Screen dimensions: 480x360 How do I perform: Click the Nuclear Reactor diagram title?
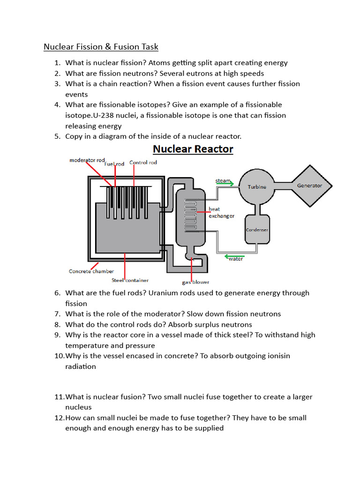(193, 150)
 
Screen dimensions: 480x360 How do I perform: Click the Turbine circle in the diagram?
(257, 187)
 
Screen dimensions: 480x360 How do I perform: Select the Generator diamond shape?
(309, 186)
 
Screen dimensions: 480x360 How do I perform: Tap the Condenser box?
(257, 229)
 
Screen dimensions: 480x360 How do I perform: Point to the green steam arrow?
(225, 184)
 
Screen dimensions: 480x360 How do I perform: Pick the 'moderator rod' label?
(87, 160)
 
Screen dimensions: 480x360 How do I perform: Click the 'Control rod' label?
(143, 163)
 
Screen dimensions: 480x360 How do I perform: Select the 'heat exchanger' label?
(221, 212)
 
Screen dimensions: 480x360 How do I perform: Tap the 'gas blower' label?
(195, 282)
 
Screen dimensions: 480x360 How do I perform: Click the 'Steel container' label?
(130, 280)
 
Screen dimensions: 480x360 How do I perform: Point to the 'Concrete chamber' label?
(91, 271)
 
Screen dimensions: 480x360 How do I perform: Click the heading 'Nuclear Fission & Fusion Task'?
(101, 47)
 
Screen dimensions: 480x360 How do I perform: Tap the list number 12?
(59, 418)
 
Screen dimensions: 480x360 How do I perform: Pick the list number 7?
(58, 314)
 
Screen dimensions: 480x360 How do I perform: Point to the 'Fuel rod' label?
(114, 164)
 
